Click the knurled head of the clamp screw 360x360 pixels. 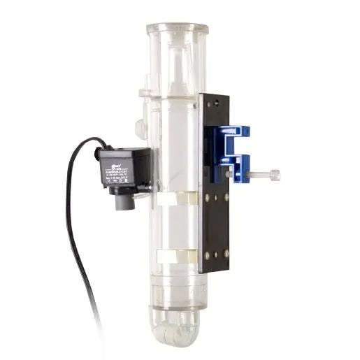[x=273, y=175]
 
